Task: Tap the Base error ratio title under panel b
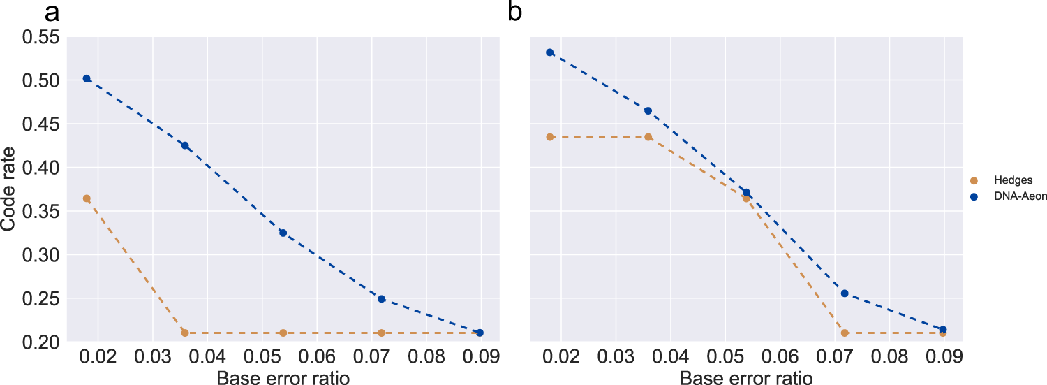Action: [x=746, y=378]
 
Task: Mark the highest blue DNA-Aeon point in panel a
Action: [x=87, y=78]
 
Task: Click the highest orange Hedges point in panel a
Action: [x=87, y=198]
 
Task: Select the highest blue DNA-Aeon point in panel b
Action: [x=550, y=52]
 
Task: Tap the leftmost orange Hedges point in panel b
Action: [x=550, y=137]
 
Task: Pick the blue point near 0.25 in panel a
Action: [x=382, y=299]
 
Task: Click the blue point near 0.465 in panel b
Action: [x=648, y=110]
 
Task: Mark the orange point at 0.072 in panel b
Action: [x=845, y=333]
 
